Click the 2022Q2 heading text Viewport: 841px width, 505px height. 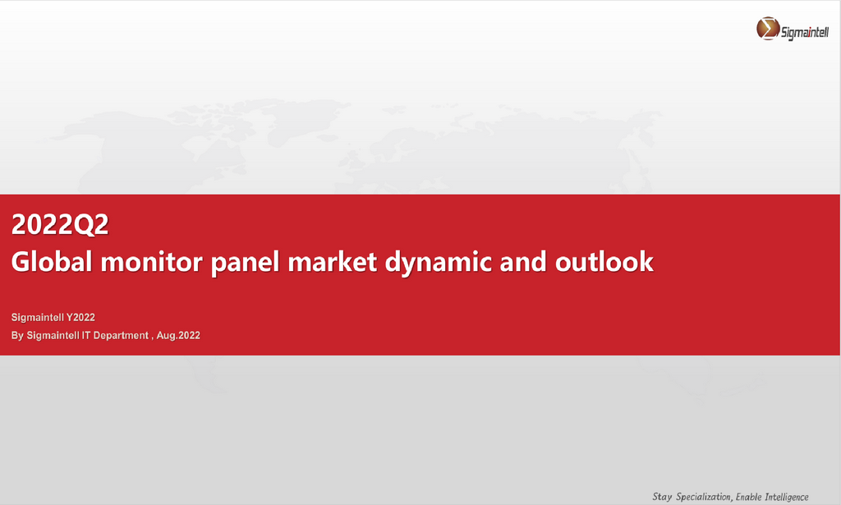60,224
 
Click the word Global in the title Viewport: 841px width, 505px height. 52,262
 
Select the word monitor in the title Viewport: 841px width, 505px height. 152,262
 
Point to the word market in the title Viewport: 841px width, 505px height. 333,262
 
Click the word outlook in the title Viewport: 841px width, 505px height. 604,262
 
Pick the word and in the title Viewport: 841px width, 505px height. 523,262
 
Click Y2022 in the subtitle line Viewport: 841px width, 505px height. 80,317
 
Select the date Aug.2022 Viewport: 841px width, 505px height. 178,336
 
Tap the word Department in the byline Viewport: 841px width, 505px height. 121,336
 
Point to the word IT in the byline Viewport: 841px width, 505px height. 86,336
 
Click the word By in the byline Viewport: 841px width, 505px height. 17,336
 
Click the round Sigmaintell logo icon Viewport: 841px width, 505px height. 768,29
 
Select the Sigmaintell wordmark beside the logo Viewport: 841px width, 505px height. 805,33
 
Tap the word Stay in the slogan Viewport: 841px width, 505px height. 662,497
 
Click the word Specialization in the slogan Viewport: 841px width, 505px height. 704,497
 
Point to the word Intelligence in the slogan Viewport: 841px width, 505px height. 787,497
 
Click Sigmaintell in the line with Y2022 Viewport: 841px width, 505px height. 37,317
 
